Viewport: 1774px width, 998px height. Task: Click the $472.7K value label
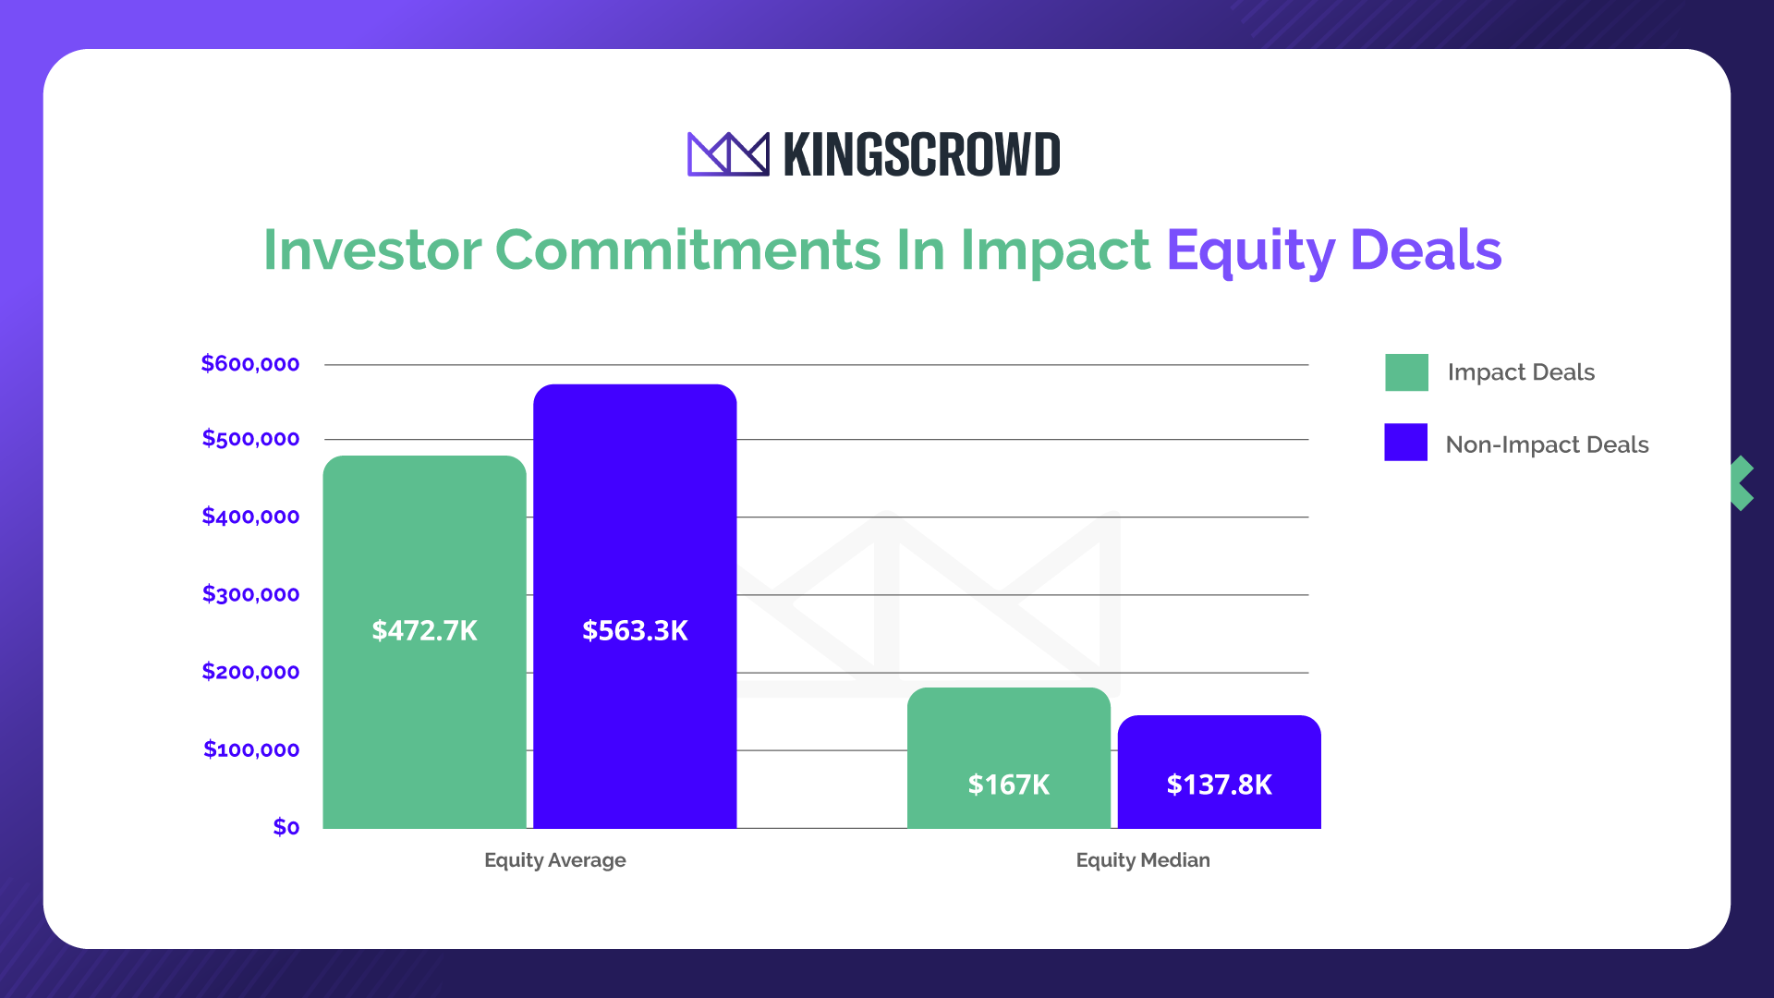pos(424,630)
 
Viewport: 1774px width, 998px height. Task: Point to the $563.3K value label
pos(635,630)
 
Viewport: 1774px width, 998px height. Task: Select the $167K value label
pos(1008,785)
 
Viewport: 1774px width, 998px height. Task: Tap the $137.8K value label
pos(1219,785)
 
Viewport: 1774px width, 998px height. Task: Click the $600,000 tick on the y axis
pos(250,364)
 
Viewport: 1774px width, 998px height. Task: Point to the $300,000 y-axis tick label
pos(250,594)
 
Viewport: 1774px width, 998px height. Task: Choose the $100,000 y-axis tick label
pos(251,749)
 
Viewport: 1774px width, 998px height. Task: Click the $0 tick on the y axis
pos(286,827)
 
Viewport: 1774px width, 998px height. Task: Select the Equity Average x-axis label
pos(554,860)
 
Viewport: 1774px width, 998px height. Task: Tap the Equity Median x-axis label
pos(1143,860)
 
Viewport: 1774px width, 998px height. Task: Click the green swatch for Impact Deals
pos(1406,372)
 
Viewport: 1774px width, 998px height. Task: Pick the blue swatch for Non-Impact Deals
pos(1405,443)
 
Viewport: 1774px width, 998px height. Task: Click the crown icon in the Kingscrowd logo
pos(727,154)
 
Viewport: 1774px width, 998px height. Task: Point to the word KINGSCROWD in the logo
pos(921,154)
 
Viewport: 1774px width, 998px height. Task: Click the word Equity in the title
pos(1249,251)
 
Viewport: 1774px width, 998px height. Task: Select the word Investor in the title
pos(372,249)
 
